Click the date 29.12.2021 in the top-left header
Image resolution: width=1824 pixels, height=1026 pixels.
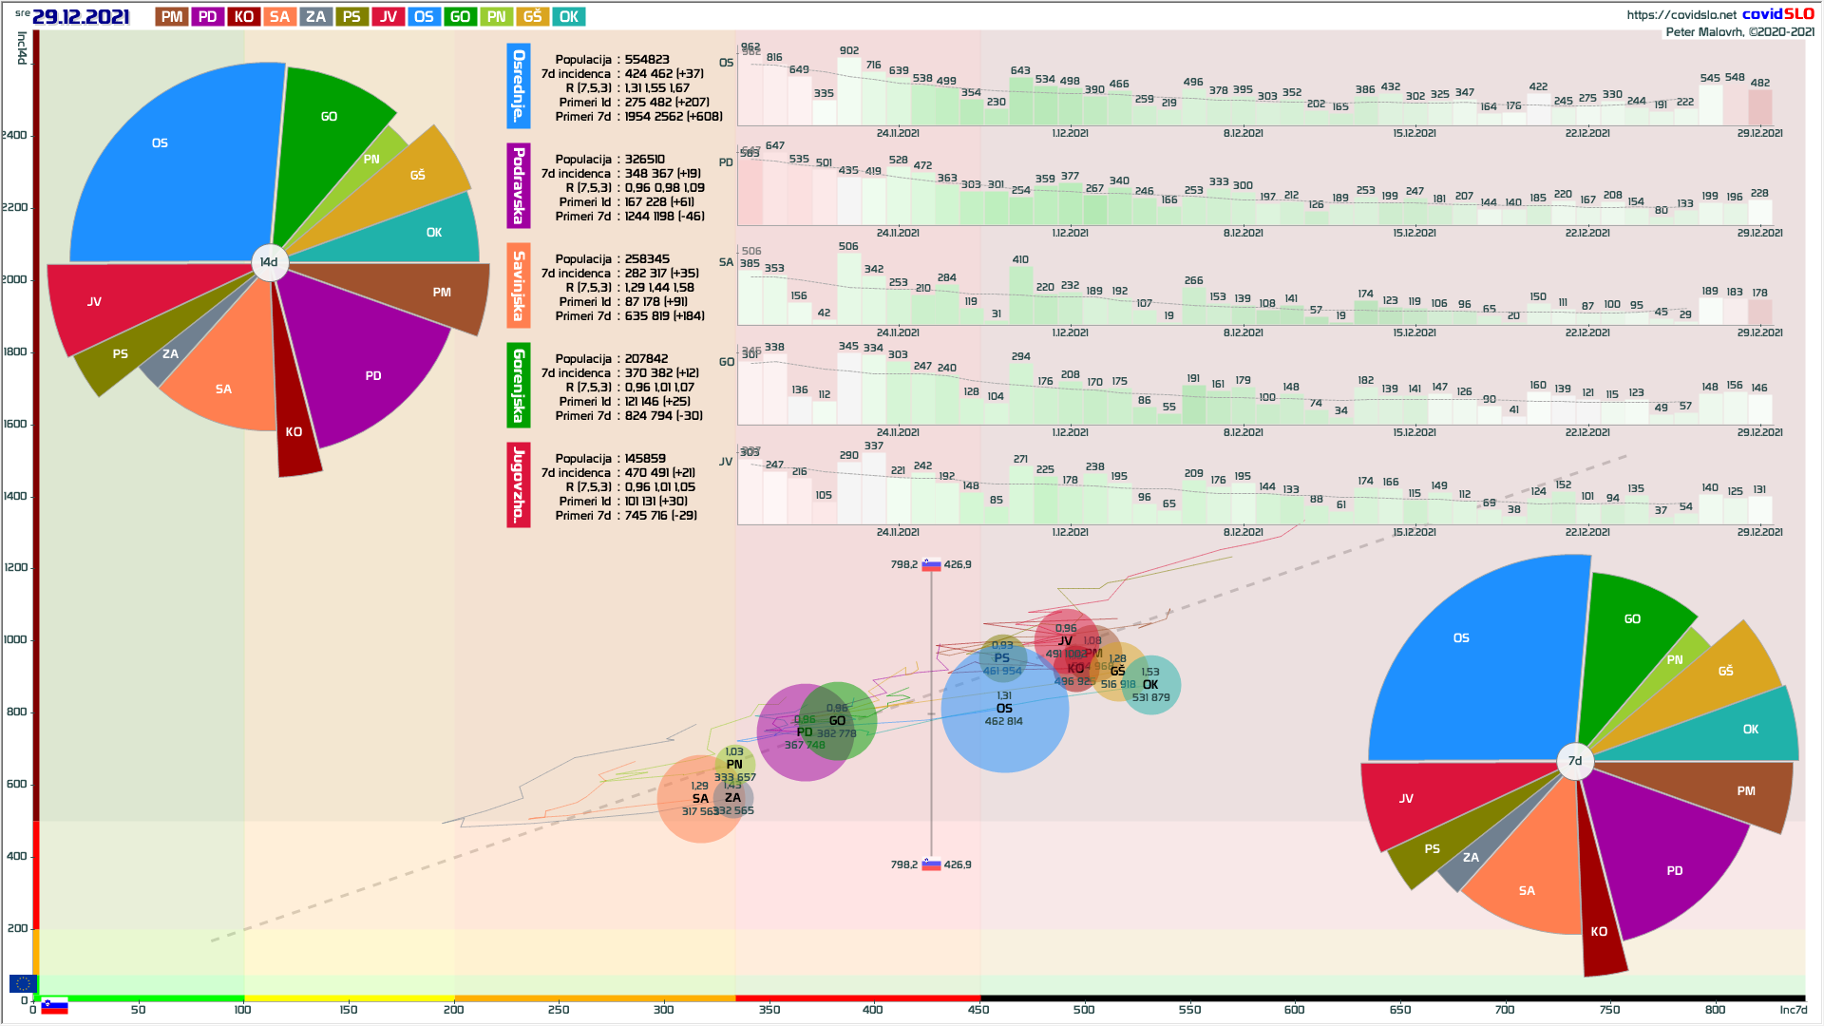pyautogui.click(x=81, y=17)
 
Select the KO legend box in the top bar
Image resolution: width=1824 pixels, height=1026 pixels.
pyautogui.click(x=243, y=17)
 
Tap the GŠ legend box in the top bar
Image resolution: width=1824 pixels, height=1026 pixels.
pyautogui.click(x=532, y=17)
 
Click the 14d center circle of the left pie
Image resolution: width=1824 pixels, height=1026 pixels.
pyautogui.click(x=269, y=262)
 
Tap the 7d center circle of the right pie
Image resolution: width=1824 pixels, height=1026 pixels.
pyautogui.click(x=1575, y=761)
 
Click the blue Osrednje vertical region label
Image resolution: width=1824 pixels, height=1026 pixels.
pyautogui.click(x=519, y=85)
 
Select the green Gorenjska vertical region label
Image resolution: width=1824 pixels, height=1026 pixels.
pyautogui.click(x=519, y=385)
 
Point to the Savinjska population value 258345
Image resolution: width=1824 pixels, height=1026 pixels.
pyautogui.click(x=647, y=259)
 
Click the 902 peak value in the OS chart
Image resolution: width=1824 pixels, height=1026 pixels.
pyautogui.click(x=849, y=51)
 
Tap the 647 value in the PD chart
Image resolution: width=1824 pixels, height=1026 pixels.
pyautogui.click(x=775, y=146)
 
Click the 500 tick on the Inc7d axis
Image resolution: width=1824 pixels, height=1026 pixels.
pyautogui.click(x=1084, y=1010)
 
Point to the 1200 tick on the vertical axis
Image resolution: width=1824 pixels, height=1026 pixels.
pyautogui.click(x=15, y=568)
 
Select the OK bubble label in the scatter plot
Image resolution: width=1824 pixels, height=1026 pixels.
pyautogui.click(x=1150, y=685)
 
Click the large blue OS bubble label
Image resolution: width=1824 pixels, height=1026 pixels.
pyautogui.click(x=1004, y=709)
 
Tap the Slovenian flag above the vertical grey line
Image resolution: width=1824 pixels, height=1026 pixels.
pyautogui.click(x=931, y=564)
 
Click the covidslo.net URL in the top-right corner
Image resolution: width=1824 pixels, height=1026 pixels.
pyautogui.click(x=1681, y=15)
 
